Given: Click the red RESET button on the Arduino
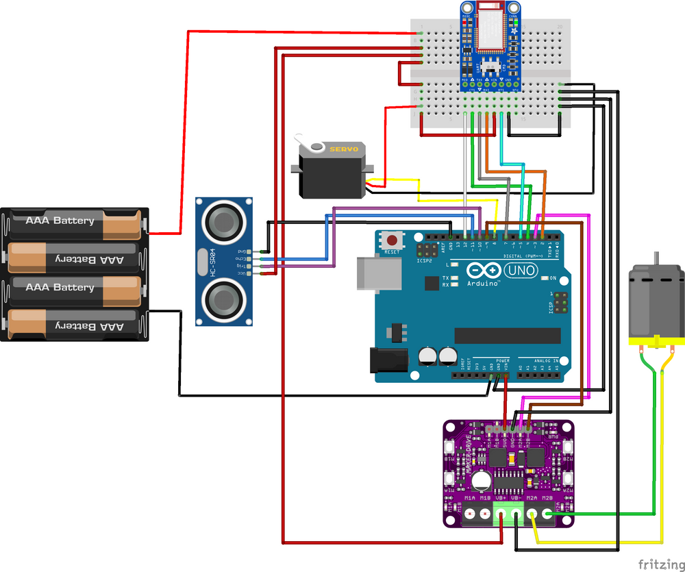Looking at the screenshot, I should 393,241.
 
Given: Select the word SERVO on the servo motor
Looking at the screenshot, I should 344,149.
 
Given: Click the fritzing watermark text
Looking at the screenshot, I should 659,563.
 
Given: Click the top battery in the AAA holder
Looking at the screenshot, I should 75,221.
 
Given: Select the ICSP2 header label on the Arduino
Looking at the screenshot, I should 425,260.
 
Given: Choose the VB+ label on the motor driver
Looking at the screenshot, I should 501,497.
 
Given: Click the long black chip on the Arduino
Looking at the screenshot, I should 507,336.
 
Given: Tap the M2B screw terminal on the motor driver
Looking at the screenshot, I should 547,512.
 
